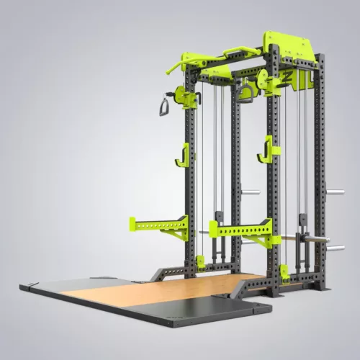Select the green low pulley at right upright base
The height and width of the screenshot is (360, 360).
coord(285,273)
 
